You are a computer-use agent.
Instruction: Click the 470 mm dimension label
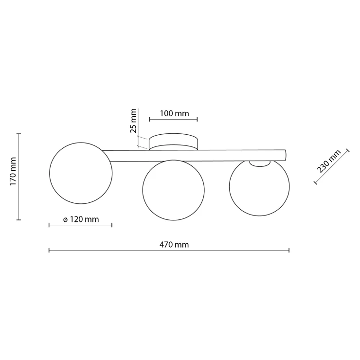click(174, 245)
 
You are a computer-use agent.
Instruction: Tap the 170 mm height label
click(13, 172)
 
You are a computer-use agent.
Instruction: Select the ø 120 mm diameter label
click(81, 219)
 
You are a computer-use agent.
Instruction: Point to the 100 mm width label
click(174, 113)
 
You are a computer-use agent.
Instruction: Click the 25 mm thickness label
click(133, 121)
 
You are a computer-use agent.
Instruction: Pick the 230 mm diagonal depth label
click(328, 161)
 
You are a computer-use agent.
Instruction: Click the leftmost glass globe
click(81, 173)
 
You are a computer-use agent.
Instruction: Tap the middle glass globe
click(173, 190)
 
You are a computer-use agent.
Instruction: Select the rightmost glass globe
click(259, 188)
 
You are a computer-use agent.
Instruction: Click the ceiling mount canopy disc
click(173, 142)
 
